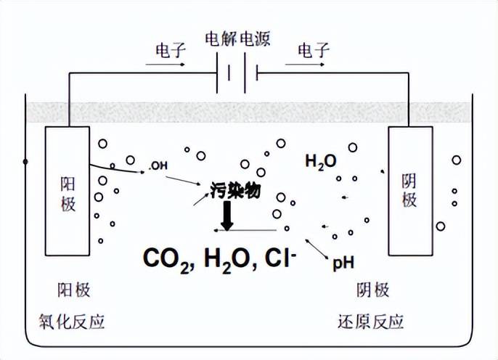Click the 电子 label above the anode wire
pyautogui.click(x=171, y=50)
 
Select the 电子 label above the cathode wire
pyautogui.click(x=314, y=50)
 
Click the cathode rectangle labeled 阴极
pyautogui.click(x=409, y=191)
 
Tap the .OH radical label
pyautogui.click(x=158, y=165)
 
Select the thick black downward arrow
pyautogui.click(x=227, y=216)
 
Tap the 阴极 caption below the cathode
pyautogui.click(x=373, y=291)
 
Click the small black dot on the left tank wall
pyautogui.click(x=26, y=161)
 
